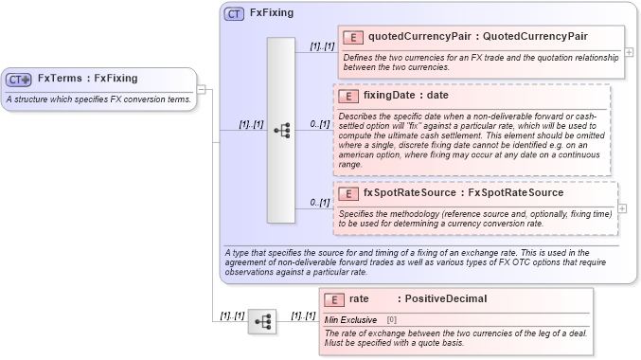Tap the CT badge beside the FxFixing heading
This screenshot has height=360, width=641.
click(234, 13)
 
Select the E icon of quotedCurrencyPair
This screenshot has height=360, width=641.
click(352, 37)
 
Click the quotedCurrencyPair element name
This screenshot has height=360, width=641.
click(421, 37)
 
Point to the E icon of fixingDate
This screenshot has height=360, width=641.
click(347, 96)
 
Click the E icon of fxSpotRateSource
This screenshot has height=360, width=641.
click(347, 193)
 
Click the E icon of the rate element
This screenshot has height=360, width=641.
click(334, 299)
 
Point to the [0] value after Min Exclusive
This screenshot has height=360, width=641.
click(392, 319)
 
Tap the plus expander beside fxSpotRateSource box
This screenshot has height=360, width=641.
click(622, 207)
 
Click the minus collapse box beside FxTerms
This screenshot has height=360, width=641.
click(202, 89)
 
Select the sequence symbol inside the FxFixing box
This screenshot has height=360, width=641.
click(281, 131)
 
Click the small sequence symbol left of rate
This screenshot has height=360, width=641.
click(262, 322)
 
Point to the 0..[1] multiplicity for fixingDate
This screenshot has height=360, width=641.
click(319, 124)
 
